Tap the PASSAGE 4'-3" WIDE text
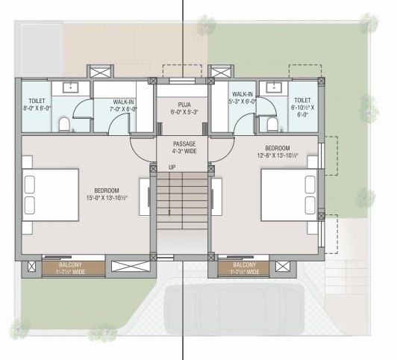click(184, 147)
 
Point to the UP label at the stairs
click(172, 167)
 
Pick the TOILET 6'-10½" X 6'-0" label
click(302, 108)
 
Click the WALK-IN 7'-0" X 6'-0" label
click(123, 105)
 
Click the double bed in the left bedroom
click(51, 196)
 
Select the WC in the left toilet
click(64, 122)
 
